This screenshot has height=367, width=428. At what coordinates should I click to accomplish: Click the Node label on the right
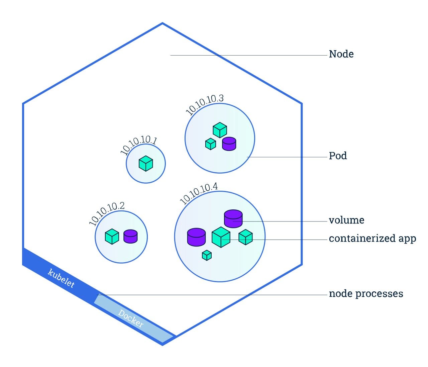point(341,54)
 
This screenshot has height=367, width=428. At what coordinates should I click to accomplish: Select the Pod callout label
point(338,156)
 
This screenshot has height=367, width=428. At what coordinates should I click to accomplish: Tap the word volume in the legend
point(346,220)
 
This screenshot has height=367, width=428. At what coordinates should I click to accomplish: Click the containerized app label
point(372,239)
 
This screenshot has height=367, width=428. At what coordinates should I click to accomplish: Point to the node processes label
point(366,294)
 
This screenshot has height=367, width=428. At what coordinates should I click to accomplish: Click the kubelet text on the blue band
point(61,278)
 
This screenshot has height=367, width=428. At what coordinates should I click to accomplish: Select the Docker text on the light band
point(131,319)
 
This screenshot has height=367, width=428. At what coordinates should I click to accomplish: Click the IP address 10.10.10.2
point(107,213)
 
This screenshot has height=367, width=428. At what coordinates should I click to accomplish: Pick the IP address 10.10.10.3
point(204,104)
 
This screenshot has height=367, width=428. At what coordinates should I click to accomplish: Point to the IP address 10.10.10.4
point(199,193)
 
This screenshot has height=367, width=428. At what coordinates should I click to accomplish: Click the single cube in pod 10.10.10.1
point(146,164)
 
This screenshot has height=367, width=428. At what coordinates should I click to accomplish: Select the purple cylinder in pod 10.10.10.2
point(130,236)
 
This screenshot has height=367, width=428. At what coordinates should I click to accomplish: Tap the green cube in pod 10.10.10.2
point(112,237)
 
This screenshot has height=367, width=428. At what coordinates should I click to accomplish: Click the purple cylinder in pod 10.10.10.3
point(229,144)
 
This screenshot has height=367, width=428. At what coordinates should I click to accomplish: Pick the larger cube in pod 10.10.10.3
point(220,130)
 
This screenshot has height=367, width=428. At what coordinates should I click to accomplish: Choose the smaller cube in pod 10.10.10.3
point(210,144)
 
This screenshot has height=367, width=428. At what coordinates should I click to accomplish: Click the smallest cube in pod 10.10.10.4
point(207,255)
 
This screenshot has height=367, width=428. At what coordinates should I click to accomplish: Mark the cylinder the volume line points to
point(233,218)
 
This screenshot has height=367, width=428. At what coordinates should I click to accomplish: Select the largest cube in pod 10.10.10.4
point(221,237)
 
